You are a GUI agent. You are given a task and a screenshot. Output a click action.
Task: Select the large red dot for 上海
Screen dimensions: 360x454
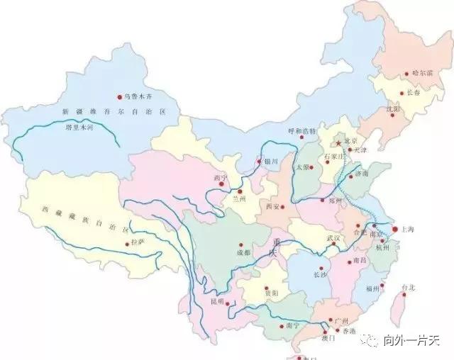point(395,230)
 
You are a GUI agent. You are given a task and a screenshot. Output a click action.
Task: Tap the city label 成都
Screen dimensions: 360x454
point(244,252)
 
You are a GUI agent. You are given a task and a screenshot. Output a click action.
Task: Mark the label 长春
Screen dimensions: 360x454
point(414,93)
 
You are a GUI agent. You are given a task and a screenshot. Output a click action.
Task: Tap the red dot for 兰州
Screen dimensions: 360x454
point(240,191)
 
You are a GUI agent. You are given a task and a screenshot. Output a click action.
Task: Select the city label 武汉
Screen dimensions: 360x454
point(333,238)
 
